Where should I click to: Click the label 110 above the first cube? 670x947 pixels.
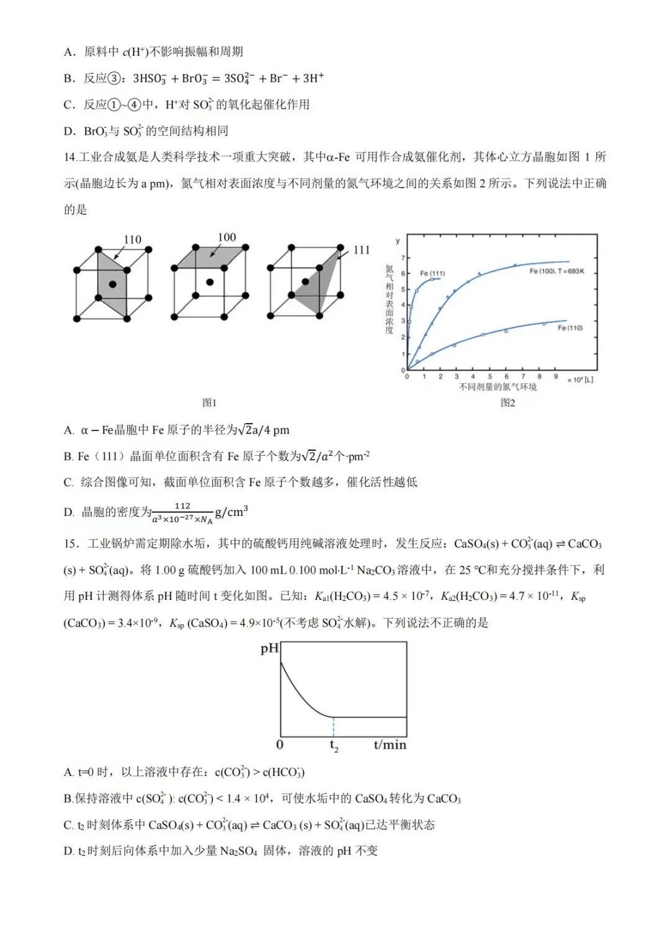coord(132,239)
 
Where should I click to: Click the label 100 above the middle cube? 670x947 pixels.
coord(226,237)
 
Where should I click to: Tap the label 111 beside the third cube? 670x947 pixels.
coord(361,250)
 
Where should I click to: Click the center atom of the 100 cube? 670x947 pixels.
coord(210,282)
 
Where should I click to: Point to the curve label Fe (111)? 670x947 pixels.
coord(432,273)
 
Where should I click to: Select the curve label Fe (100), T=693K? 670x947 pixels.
coord(556,271)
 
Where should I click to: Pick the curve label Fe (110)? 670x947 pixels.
coord(569,327)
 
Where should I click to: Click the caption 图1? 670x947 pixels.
coord(210,402)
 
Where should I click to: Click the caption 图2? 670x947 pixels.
coord(507,402)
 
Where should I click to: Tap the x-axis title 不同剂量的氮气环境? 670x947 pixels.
coord(498,387)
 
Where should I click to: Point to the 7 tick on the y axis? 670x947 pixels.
coord(403,257)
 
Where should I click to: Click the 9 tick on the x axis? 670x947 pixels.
coord(556,376)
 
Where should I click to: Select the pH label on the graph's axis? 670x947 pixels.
coord(270,649)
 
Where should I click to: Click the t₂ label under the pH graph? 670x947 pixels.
coord(334,745)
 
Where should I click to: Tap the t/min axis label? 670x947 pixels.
coord(390,745)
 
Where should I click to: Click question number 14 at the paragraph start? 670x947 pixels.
coord(71,158)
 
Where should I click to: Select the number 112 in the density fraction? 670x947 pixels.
coord(182,506)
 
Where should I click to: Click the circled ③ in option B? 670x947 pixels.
coord(114,78)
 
